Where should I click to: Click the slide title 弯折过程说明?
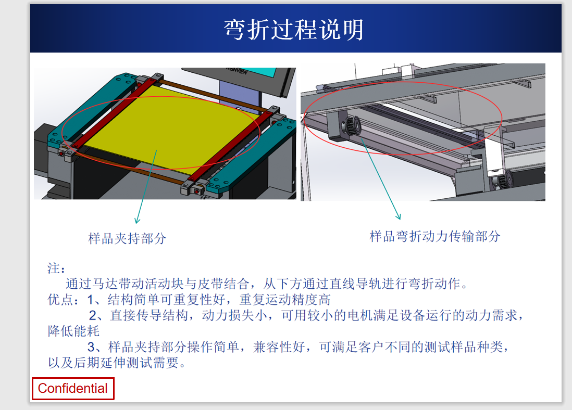coord(294,30)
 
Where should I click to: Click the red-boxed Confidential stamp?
coord(73,389)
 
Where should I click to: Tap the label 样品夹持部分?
coord(127,238)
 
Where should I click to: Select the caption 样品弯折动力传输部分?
coord(435,236)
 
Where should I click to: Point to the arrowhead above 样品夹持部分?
coord(137,220)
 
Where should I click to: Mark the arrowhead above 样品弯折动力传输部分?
coord(399,216)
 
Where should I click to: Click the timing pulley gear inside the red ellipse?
coord(351,126)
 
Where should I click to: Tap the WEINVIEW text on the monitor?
coord(237,70)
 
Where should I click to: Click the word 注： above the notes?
coord(57,268)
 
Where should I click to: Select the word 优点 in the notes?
coord(60,300)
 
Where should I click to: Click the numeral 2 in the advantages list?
coord(93,315)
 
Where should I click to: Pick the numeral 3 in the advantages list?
coord(91,347)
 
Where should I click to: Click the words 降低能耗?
coord(73,331)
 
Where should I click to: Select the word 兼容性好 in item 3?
coord(279,347)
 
